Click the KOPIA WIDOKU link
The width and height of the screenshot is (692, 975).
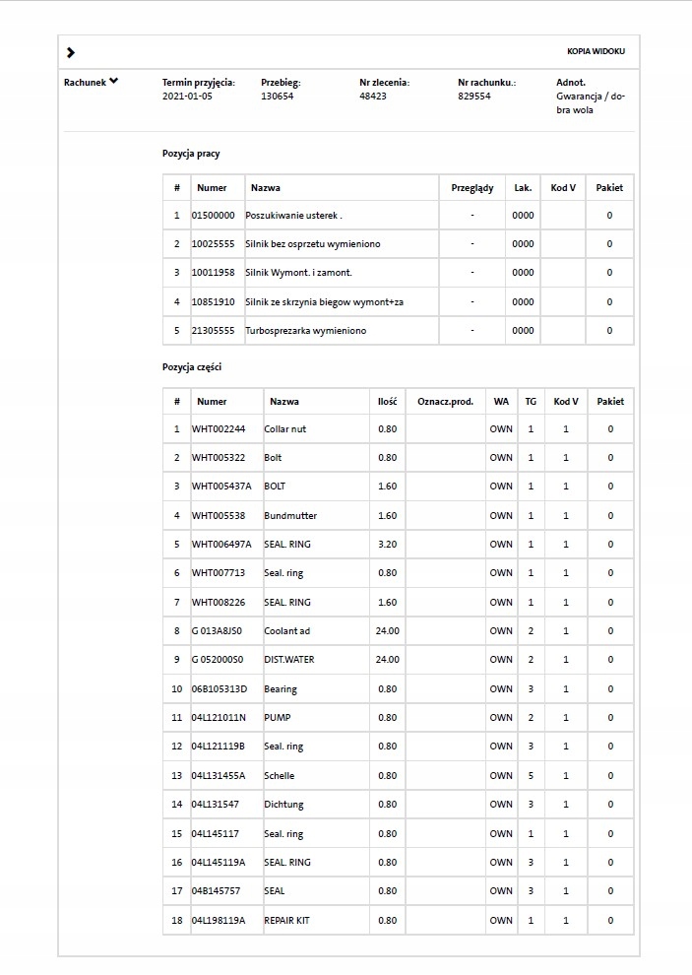pos(596,51)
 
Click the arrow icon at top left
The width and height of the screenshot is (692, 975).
pos(71,52)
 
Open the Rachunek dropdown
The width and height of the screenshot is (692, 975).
pos(91,83)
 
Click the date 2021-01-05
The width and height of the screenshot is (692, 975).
pos(187,97)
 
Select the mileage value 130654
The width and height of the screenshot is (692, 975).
pos(277,97)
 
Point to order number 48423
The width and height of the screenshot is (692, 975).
pos(373,97)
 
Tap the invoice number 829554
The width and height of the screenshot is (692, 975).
pos(474,97)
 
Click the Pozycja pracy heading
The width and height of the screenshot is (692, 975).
pos(191,154)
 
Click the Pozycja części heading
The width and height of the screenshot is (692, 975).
pos(191,367)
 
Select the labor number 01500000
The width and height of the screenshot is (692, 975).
pos(213,215)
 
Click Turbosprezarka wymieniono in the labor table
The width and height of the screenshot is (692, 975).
pos(305,331)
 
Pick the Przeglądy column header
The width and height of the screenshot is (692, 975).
pos(472,187)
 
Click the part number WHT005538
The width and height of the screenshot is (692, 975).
pos(219,515)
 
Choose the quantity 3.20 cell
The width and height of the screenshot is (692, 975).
pos(388,544)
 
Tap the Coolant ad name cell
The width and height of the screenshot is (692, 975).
pos(286,630)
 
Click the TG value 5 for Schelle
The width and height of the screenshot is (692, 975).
pos(531,776)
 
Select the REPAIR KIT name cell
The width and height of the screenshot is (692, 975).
pos(286,921)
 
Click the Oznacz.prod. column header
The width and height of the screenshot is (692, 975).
pos(445,401)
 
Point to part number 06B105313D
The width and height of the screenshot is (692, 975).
pos(220,689)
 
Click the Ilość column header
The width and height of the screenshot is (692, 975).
pos(388,401)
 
